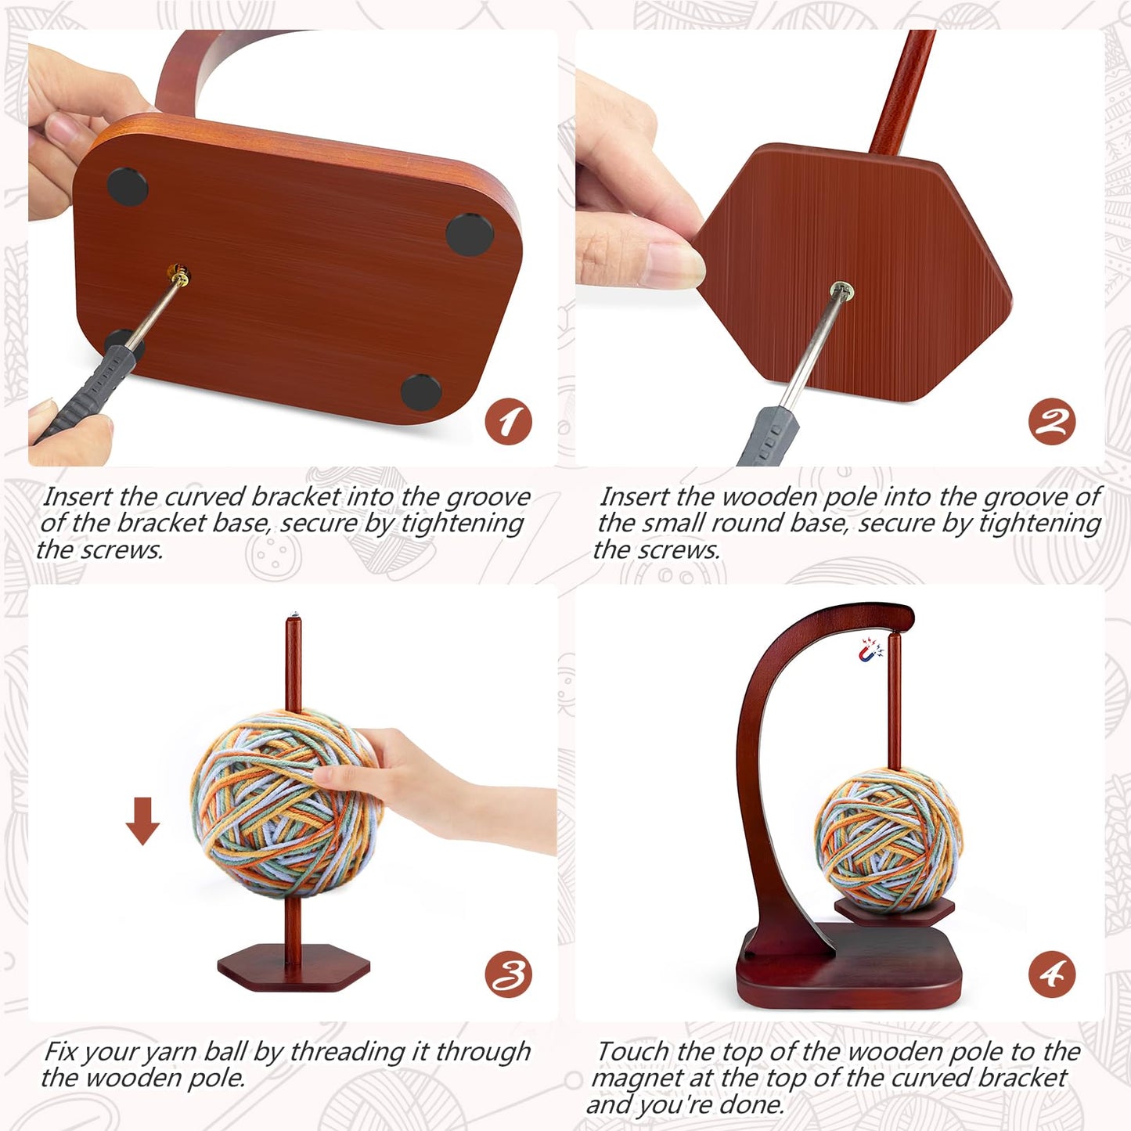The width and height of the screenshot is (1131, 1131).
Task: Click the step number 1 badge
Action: coord(508,423)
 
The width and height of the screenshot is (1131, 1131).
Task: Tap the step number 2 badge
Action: coord(1051,423)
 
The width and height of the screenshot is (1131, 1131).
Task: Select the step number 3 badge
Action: coord(508,974)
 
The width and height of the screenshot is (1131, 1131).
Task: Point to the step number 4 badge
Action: coord(1051,974)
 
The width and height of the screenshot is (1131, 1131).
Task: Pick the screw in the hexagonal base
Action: coord(842,291)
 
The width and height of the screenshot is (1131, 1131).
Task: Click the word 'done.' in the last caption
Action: coord(752,1104)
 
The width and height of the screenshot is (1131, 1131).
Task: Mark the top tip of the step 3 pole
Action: coord(294,619)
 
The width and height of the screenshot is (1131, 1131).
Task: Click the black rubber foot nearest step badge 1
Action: coord(420,391)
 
